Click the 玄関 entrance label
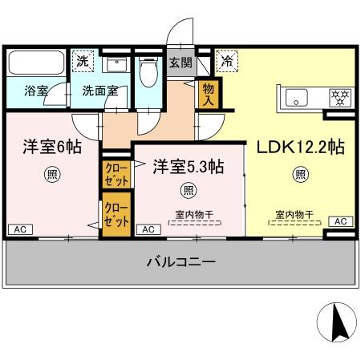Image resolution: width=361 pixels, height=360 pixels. point(179,62)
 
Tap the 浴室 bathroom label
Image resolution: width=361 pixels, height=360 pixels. point(36,91)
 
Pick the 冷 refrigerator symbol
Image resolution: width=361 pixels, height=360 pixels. point(227,61)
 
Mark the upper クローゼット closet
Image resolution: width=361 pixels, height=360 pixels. point(112,174)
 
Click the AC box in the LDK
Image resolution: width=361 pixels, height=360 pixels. point(339,221)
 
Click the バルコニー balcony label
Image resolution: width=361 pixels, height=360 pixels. point(180,262)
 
